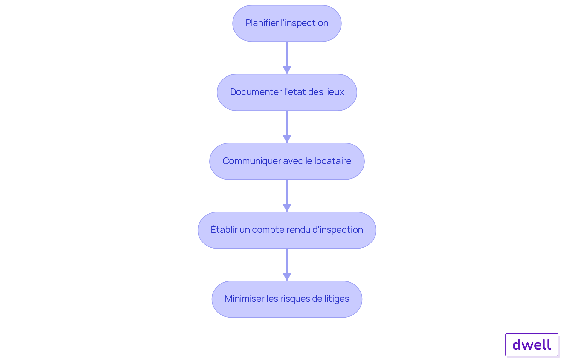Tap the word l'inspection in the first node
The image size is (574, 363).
pos(304,23)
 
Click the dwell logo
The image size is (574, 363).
pos(532,345)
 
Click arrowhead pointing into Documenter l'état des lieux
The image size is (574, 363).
pos(287,70)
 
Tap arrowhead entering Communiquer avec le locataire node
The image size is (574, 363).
pos(287,139)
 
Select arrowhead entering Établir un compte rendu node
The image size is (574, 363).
pos(287,208)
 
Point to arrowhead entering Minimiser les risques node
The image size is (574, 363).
pos(287,277)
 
